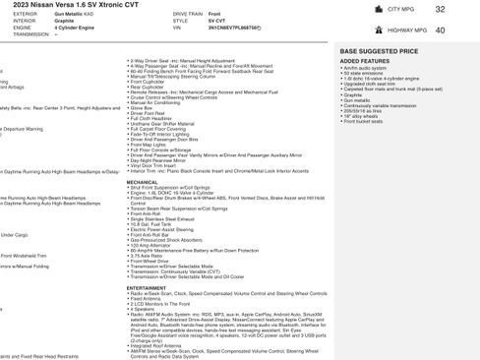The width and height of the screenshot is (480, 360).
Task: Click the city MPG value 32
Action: coord(440,9)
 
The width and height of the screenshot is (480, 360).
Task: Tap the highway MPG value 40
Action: coord(440,30)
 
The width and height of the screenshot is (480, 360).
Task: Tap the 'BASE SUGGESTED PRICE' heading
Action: coord(378,49)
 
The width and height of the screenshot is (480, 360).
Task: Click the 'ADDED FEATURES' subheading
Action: coord(361,60)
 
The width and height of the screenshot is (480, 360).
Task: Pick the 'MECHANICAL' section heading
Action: coord(143,182)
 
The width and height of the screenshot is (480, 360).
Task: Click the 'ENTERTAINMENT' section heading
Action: coord(147,287)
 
